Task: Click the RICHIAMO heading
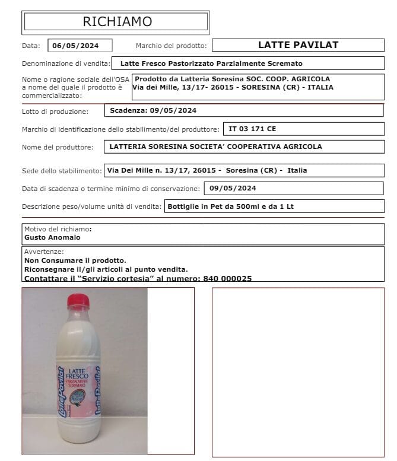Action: pyautogui.click(x=117, y=22)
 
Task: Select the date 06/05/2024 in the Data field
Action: pyautogui.click(x=75, y=46)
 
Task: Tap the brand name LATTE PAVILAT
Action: pyautogui.click(x=298, y=44)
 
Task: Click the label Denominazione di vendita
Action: pyautogui.click(x=66, y=63)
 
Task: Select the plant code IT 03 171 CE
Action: pyautogui.click(x=252, y=128)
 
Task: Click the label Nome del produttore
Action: pyautogui.click(x=58, y=147)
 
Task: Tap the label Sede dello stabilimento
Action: pyautogui.click(x=62, y=171)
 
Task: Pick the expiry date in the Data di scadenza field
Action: pyautogui.click(x=234, y=189)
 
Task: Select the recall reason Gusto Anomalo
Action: pyautogui.click(x=52, y=237)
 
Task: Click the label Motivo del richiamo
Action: pyautogui.click(x=57, y=229)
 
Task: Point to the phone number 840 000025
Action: pyautogui.click(x=227, y=278)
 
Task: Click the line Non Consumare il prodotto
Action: pyautogui.click(x=75, y=260)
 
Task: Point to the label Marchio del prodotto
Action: pyautogui.click(x=171, y=46)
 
